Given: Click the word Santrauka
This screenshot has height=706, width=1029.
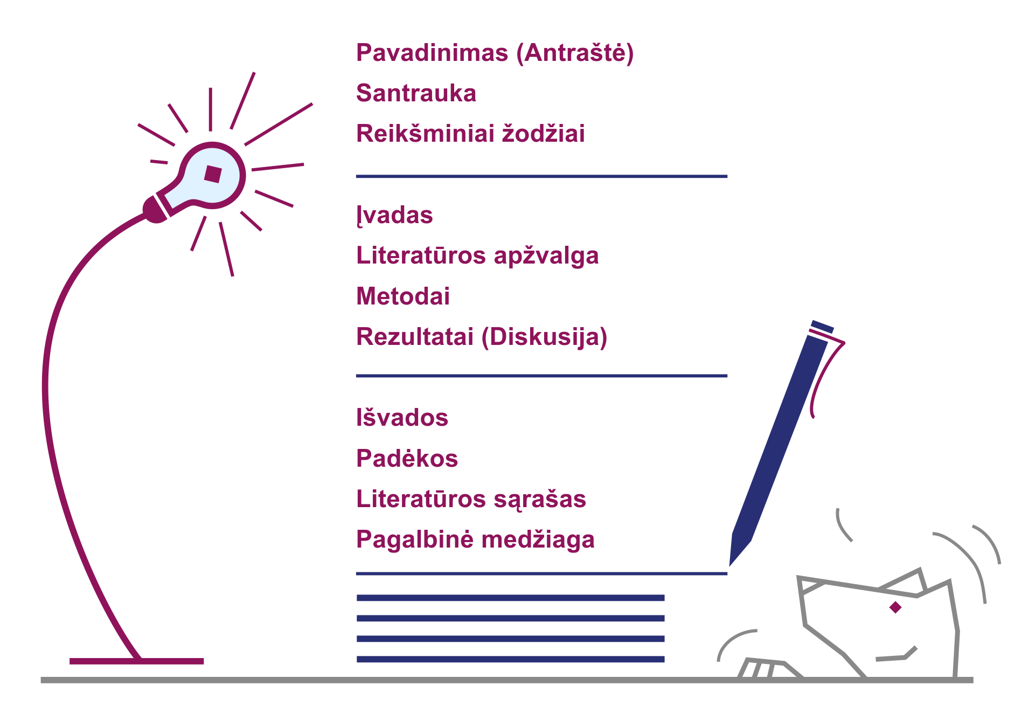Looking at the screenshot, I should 416,93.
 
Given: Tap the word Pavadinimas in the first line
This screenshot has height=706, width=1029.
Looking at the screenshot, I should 432,53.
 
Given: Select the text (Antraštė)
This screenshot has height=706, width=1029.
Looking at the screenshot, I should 575,53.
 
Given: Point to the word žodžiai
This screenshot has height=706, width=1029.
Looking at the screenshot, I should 543,134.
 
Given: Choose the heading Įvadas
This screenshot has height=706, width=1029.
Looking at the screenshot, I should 394,216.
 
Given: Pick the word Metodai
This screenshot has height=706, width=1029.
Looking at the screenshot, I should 403,296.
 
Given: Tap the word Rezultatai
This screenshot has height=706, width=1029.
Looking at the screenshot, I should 415,337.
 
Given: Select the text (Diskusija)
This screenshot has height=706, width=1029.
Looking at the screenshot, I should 544,337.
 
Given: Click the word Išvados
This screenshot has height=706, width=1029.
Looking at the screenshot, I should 402,418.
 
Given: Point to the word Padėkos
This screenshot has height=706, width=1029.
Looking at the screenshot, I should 407,459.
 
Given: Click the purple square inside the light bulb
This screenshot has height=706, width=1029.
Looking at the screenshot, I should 213,174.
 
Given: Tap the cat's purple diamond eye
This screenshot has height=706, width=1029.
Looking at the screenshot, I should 895,607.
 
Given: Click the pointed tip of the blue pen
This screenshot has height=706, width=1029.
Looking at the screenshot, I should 731,563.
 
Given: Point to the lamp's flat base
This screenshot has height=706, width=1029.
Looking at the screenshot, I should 137,661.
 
